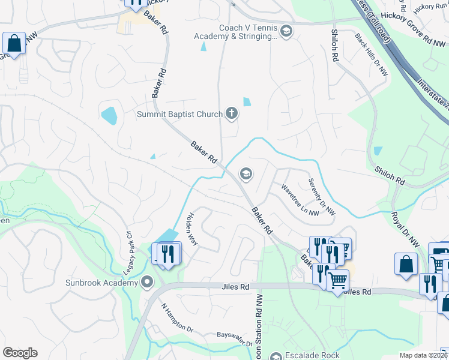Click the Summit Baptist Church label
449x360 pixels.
click(x=179, y=113)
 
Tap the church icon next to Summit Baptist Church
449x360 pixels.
click(x=232, y=113)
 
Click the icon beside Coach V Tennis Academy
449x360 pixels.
click(x=286, y=31)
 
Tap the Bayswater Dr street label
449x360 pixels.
click(x=235, y=339)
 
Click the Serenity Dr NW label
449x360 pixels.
click(x=322, y=197)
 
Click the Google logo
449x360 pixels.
click(x=20, y=353)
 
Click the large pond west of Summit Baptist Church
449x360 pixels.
click(x=109, y=115)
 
